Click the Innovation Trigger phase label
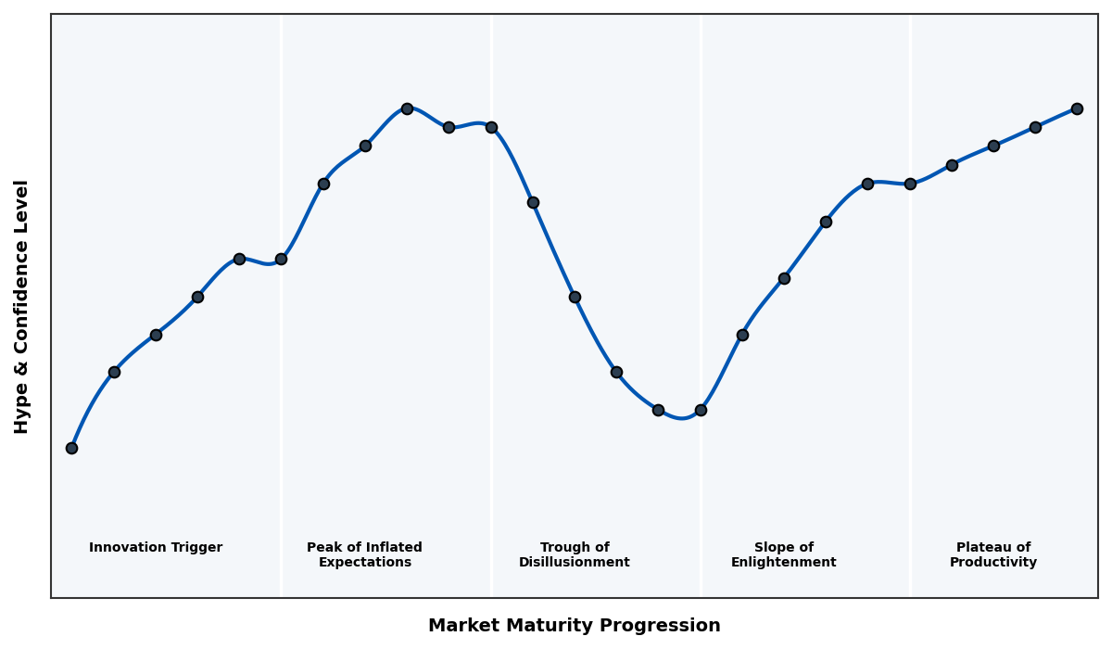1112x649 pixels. pos(156,548)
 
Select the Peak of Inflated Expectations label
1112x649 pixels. pos(364,554)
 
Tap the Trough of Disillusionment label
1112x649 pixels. pos(574,554)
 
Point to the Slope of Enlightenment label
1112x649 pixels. pos(783,554)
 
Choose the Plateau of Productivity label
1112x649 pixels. pos(992,554)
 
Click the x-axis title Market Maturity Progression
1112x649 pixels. pos(574,626)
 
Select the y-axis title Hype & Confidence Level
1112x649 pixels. pos(22,306)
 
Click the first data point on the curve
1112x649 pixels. pos(71,448)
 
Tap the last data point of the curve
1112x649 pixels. pos(1077,108)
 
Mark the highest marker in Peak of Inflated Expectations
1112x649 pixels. pos(407,108)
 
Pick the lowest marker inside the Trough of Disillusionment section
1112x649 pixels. pos(658,410)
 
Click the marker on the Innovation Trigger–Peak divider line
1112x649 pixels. pos(281,259)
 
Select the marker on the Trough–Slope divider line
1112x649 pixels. pos(701,410)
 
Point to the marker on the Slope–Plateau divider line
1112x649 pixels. pos(910,184)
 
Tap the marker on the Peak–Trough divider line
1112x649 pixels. pos(491,127)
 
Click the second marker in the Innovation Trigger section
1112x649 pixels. pos(114,372)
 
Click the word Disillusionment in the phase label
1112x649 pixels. pos(574,562)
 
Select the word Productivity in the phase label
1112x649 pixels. pos(992,562)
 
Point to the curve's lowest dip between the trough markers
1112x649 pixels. pos(681,418)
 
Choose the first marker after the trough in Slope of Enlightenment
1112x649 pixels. pos(742,335)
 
